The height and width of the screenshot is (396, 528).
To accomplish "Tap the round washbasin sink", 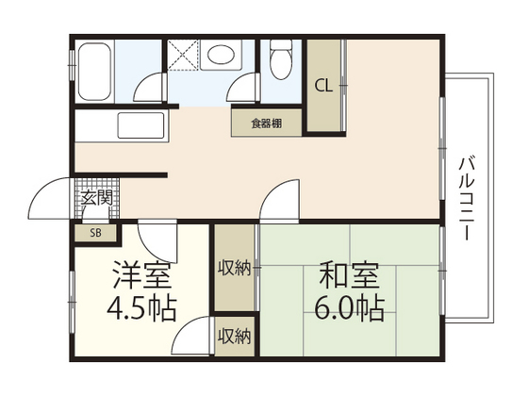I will (221, 56).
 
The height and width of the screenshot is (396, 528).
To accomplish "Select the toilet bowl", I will (279, 61).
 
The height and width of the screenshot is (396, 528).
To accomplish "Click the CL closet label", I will (323, 86).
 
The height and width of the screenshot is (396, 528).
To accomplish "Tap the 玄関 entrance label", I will (96, 198).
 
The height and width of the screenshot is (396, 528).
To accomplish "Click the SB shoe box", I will (95, 233).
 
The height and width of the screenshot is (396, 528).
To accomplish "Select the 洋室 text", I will (141, 276).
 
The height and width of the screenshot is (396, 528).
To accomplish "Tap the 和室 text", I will (348, 276).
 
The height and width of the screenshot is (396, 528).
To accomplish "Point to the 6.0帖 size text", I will (349, 308).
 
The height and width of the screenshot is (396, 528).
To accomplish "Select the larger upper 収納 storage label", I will (235, 269).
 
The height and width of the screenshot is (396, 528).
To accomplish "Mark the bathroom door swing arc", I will (149, 90).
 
